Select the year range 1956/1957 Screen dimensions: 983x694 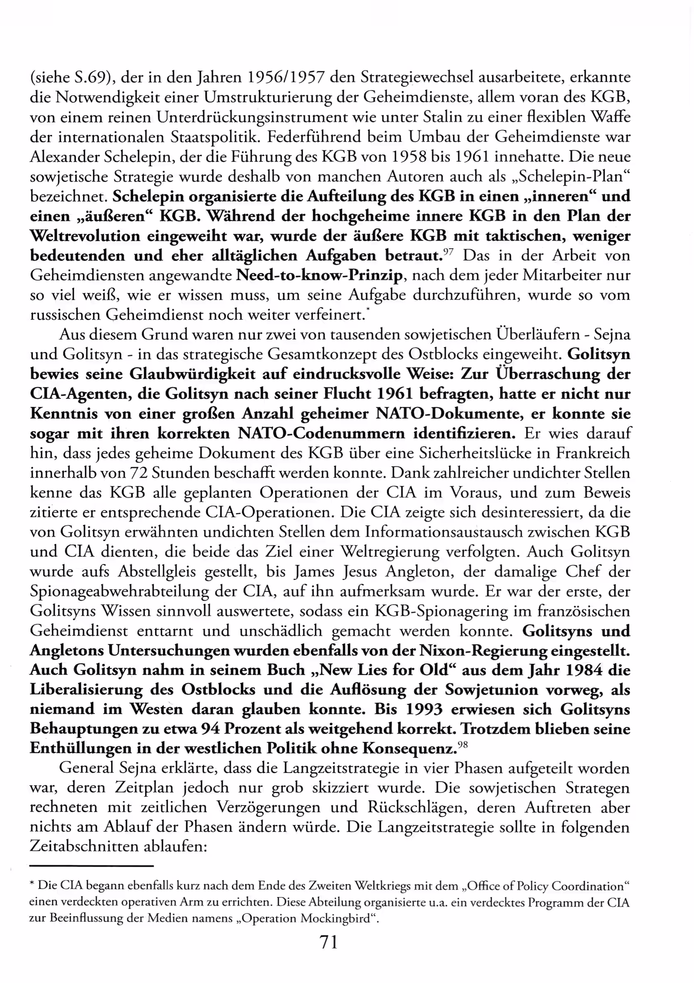click(285, 78)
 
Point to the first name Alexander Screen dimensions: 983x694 click(63, 157)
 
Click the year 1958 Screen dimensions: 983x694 click(409, 157)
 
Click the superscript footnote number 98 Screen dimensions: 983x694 click(462, 746)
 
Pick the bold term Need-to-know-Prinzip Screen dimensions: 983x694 click(319, 275)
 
